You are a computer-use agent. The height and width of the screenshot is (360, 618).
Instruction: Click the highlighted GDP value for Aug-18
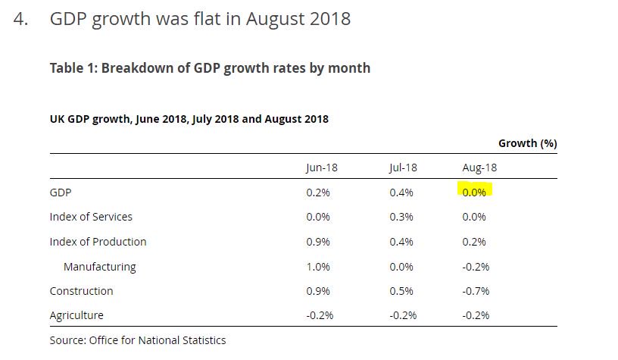(474, 193)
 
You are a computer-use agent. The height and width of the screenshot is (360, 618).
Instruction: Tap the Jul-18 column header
(402, 167)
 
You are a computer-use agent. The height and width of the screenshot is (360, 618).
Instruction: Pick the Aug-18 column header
(479, 167)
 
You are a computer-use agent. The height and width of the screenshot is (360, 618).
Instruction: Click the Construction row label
(81, 291)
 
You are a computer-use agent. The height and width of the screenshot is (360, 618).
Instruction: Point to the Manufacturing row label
(99, 267)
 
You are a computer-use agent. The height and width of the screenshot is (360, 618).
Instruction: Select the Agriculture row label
(76, 315)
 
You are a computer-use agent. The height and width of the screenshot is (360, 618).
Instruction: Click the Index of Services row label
(91, 217)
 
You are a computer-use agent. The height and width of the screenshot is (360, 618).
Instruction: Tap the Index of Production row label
(98, 242)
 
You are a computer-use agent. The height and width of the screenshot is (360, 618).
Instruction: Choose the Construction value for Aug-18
(476, 291)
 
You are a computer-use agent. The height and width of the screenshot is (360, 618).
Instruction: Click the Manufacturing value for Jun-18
(317, 267)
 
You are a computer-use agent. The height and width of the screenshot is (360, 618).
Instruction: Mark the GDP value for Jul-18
(401, 193)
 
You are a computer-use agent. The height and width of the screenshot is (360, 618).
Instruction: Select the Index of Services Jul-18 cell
(401, 217)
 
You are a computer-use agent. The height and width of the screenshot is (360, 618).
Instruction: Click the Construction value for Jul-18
(401, 291)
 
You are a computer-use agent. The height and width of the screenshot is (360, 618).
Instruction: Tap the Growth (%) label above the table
(527, 143)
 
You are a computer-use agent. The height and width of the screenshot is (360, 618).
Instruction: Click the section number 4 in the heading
(20, 19)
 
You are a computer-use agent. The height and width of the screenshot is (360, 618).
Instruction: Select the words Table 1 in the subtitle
(72, 68)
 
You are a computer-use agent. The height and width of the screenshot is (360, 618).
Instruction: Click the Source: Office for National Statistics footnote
(137, 340)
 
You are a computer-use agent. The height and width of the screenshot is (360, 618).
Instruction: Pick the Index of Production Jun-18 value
(317, 242)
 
